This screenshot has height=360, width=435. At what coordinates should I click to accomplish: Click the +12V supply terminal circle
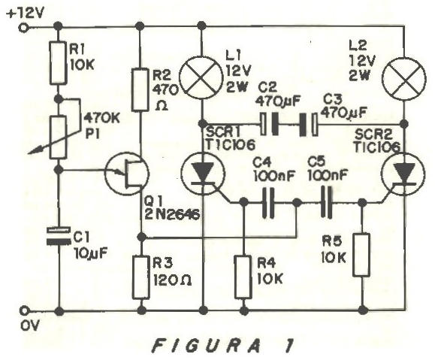(x=23, y=28)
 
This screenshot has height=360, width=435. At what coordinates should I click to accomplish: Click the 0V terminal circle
(x=25, y=310)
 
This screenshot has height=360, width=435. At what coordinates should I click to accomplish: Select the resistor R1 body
(x=59, y=62)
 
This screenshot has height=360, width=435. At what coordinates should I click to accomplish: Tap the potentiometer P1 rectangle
(x=59, y=138)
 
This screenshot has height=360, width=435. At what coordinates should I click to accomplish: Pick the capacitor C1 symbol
(x=59, y=236)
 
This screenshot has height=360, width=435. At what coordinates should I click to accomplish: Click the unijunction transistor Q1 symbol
(x=127, y=174)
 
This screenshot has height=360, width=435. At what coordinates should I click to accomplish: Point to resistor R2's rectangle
(x=140, y=90)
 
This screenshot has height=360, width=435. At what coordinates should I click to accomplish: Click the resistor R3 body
(x=141, y=277)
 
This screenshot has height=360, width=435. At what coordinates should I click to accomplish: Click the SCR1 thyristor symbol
(x=203, y=174)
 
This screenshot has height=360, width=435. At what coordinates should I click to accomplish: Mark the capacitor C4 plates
(x=268, y=203)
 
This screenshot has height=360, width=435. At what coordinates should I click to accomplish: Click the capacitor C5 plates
(x=326, y=201)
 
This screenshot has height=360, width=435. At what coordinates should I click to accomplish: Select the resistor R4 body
(x=244, y=277)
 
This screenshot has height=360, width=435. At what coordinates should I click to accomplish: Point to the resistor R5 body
(x=361, y=255)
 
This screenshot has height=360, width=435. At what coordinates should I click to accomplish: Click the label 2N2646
(x=172, y=214)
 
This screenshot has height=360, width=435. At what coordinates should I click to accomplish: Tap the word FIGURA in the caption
(x=207, y=346)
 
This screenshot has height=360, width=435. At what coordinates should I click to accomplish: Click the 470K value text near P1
(x=101, y=119)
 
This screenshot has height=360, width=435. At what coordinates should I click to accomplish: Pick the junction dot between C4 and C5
(x=297, y=203)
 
